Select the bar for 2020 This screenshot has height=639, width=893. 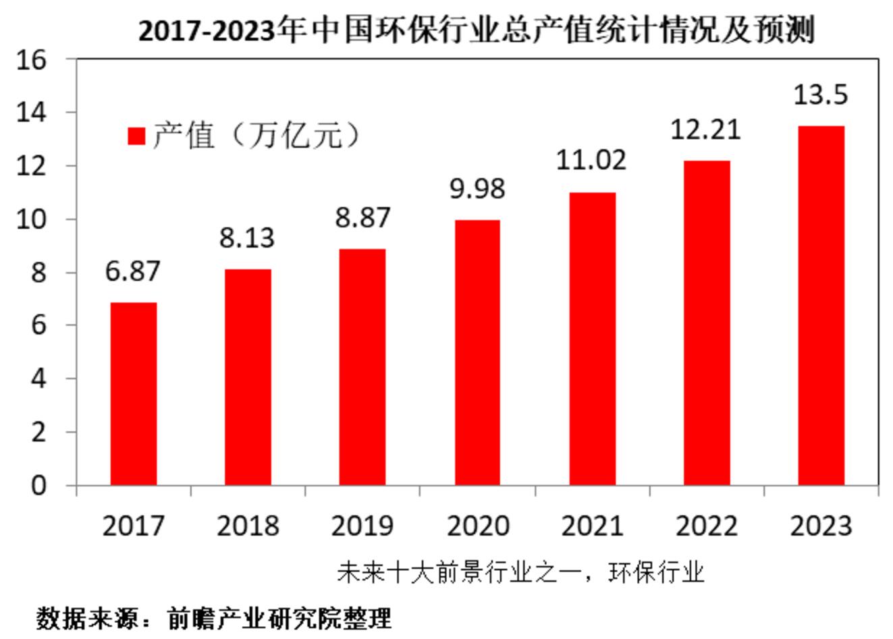pyautogui.click(x=477, y=352)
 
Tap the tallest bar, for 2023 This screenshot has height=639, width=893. pyautogui.click(x=821, y=305)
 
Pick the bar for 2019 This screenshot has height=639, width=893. pyautogui.click(x=362, y=367)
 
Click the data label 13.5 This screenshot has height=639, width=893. pyautogui.click(x=820, y=95)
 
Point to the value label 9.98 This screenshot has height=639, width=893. pyautogui.click(x=477, y=188)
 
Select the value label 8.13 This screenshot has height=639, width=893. pyautogui.click(x=247, y=238)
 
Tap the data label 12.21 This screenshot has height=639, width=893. pyautogui.click(x=705, y=129)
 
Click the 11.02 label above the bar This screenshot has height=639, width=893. pyautogui.click(x=591, y=160)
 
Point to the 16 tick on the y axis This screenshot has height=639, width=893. pyautogui.click(x=32, y=60)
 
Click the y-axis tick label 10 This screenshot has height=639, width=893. pyautogui.click(x=32, y=219)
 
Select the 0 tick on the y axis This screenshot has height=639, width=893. pyautogui.click(x=38, y=485)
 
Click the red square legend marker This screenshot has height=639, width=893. pyautogui.click(x=136, y=136)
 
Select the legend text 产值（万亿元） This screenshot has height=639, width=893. pyautogui.click(x=257, y=136)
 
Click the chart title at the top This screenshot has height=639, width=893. pyautogui.click(x=477, y=30)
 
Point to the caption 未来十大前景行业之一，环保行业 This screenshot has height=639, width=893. pyautogui.click(x=520, y=573)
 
